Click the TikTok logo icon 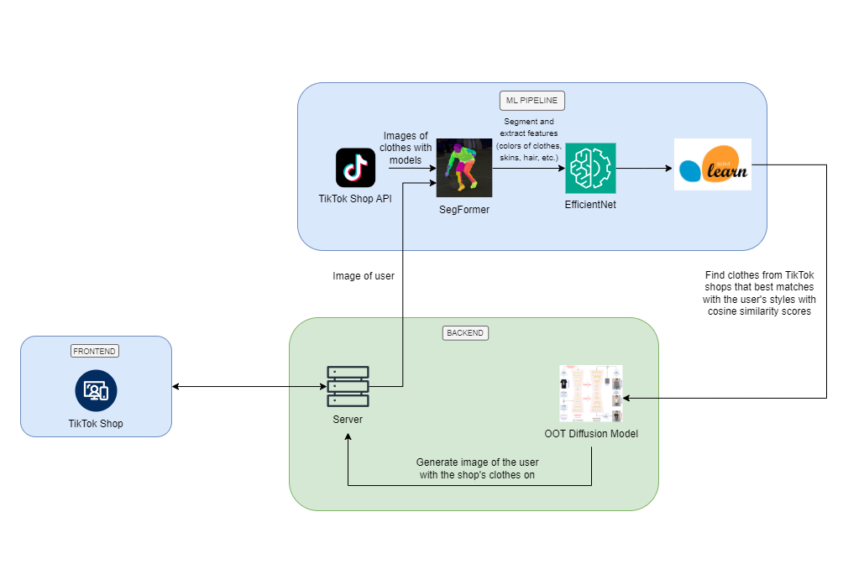click(x=355, y=167)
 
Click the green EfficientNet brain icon click(x=590, y=168)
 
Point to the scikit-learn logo click(x=712, y=164)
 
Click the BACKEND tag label click(x=465, y=333)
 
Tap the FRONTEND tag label click(x=95, y=351)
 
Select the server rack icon click(x=348, y=386)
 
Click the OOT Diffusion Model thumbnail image click(x=591, y=394)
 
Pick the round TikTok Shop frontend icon click(x=96, y=390)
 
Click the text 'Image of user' click(x=364, y=275)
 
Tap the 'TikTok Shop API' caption click(x=355, y=198)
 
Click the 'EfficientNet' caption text click(x=590, y=204)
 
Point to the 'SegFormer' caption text click(x=463, y=210)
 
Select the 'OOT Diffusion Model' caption click(x=591, y=433)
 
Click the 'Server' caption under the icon click(x=348, y=419)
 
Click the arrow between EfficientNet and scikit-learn click(x=645, y=169)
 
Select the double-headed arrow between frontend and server click(x=249, y=387)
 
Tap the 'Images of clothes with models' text click(x=406, y=148)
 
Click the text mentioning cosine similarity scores click(x=761, y=294)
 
